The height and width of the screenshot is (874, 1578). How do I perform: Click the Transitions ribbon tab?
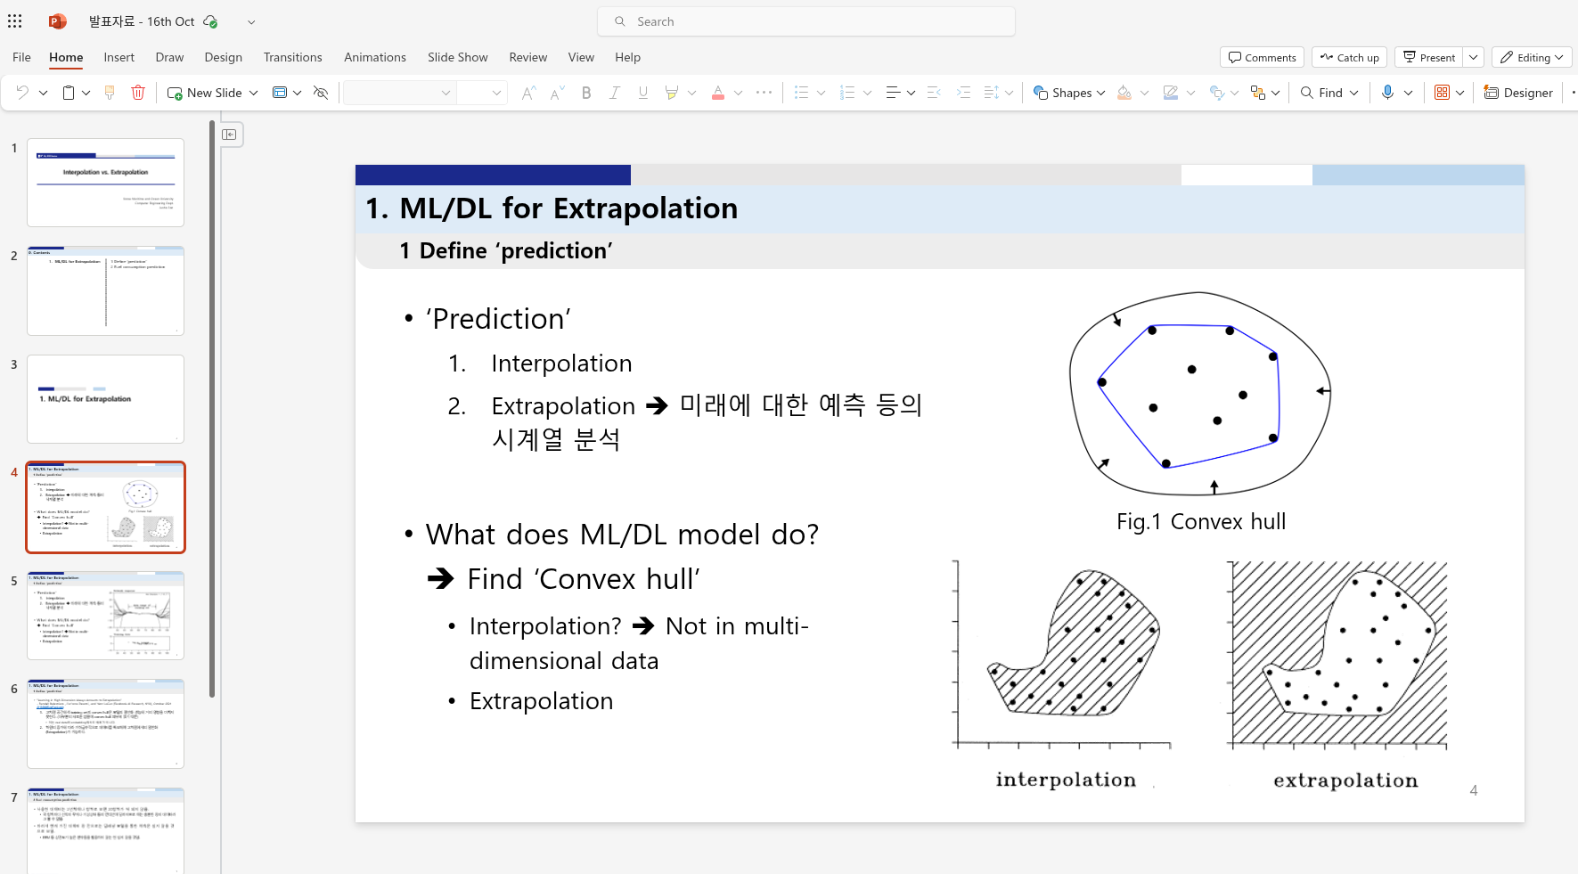pyautogui.click(x=292, y=57)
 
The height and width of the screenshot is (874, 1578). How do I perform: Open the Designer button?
pyautogui.click(x=1518, y=93)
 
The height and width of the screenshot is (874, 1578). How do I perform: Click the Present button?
pyautogui.click(x=1428, y=57)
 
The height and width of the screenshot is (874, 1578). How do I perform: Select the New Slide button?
pyautogui.click(x=205, y=93)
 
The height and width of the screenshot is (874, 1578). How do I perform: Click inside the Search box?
pyautogui.click(x=806, y=21)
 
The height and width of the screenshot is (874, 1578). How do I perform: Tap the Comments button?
pyautogui.click(x=1262, y=57)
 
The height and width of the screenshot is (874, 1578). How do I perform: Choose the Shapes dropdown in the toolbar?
pyautogui.click(x=1068, y=93)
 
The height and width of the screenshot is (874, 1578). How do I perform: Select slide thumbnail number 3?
pyautogui.click(x=105, y=399)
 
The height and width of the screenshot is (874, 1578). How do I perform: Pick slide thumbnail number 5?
pyautogui.click(x=105, y=616)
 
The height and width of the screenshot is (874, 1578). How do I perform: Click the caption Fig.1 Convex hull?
pyautogui.click(x=1200, y=521)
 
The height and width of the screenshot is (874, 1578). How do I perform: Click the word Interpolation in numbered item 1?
pyautogui.click(x=561, y=363)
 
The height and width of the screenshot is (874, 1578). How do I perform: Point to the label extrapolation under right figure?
pyautogui.click(x=1345, y=780)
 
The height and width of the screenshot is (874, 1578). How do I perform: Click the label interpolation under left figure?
pyautogui.click(x=1066, y=780)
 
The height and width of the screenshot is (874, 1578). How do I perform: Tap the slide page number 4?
pyautogui.click(x=1473, y=790)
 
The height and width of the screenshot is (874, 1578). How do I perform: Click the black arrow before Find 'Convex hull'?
pyautogui.click(x=440, y=579)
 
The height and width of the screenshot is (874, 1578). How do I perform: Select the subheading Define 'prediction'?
pyautogui.click(x=506, y=251)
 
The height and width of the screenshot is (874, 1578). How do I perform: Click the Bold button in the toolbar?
pyautogui.click(x=585, y=93)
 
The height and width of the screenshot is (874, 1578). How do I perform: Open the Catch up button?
pyautogui.click(x=1349, y=57)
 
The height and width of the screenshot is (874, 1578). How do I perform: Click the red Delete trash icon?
pyautogui.click(x=138, y=93)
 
